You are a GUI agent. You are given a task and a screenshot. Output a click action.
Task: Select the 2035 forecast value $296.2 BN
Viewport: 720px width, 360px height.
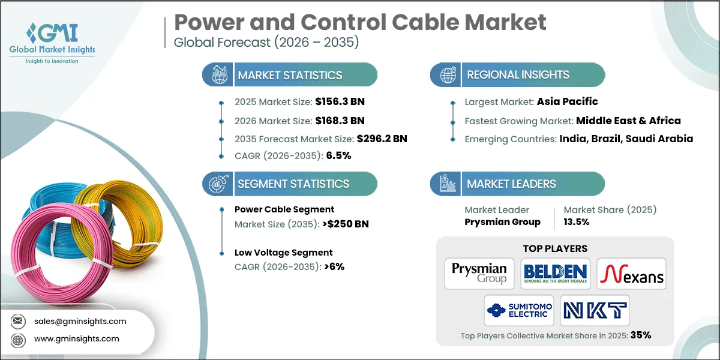point(382,139)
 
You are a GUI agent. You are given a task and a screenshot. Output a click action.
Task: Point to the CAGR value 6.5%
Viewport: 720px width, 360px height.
point(338,155)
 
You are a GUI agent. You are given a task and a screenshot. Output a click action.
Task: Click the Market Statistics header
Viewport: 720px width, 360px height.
point(289,76)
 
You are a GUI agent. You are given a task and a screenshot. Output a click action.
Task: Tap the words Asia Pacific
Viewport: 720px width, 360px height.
point(567,102)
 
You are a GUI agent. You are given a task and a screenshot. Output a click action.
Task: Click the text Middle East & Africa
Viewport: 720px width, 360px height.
point(628,121)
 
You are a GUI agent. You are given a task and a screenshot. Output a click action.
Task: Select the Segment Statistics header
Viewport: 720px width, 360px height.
point(293,184)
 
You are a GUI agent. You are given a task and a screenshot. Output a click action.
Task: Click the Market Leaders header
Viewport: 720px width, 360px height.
point(512,184)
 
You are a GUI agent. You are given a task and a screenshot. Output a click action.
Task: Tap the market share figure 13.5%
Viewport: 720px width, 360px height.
point(577,221)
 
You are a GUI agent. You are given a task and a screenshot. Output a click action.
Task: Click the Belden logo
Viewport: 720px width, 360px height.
point(555,274)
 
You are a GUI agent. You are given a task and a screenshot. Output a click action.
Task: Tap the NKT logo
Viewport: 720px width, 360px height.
point(595,310)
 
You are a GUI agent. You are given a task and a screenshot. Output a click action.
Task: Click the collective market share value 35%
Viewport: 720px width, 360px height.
point(640,335)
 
